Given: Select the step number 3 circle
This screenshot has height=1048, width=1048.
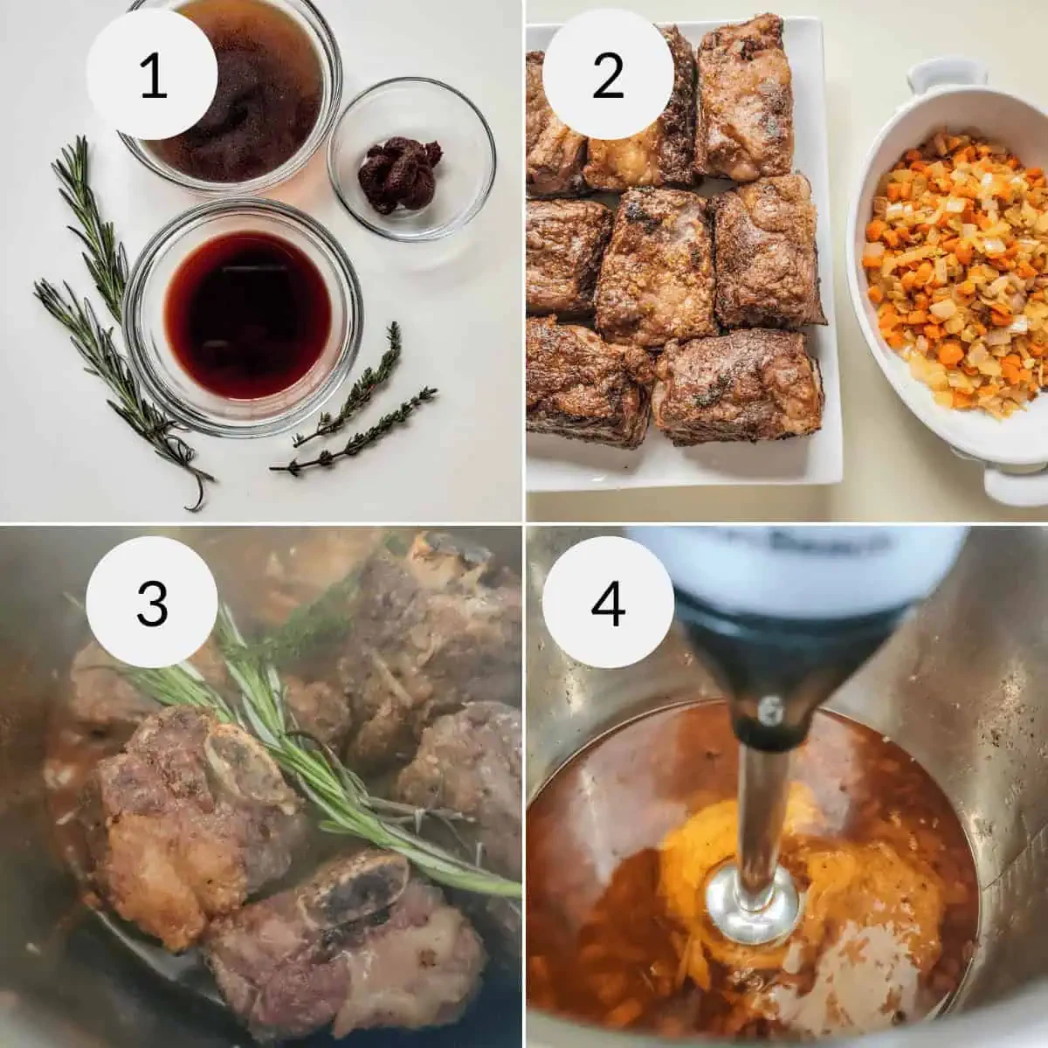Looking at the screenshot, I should click(x=153, y=601).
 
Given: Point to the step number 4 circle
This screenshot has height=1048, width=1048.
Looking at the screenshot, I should click(x=608, y=601).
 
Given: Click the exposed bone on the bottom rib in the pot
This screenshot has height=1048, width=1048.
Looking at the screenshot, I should click(x=358, y=895).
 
